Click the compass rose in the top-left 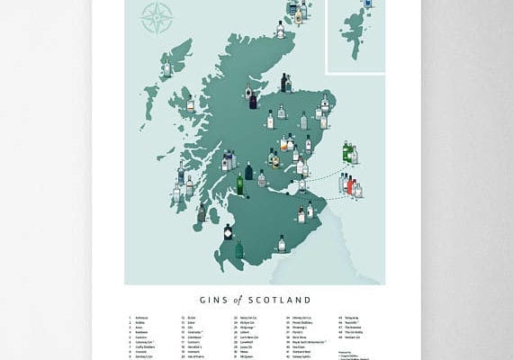[x=157, y=17]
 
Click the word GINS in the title [x=211, y=299]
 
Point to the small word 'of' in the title [x=243, y=299]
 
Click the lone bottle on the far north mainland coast [x=281, y=30]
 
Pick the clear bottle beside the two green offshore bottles [x=354, y=156]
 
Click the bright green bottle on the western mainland [x=240, y=184]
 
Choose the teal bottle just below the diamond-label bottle [x=239, y=249]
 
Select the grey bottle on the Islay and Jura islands [x=201, y=214]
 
